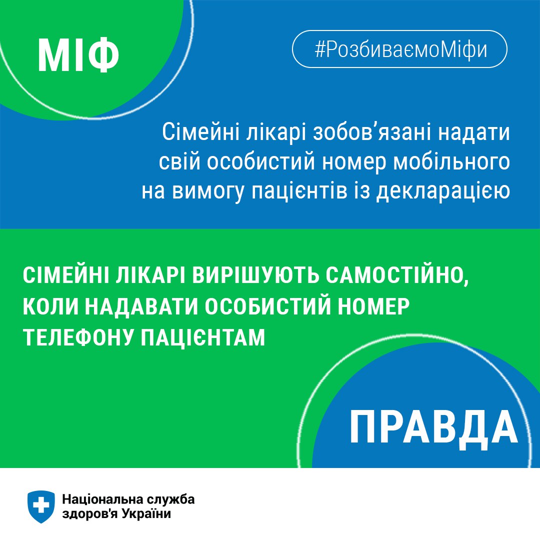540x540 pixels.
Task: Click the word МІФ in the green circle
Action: pos(78,55)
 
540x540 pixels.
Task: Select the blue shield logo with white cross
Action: pos(41,506)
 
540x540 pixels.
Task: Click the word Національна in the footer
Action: pos(102,499)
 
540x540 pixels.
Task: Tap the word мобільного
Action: pos(451,162)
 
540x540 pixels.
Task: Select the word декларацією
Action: pos(443,192)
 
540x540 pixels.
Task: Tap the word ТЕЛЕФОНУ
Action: pos(78,337)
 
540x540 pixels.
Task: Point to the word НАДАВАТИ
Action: pos(141,306)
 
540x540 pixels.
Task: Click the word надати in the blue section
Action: pos(474,132)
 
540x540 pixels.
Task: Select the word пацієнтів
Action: pos(299,192)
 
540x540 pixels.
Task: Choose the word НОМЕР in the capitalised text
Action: pos(373,306)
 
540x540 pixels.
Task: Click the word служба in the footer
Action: pos(170,499)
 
